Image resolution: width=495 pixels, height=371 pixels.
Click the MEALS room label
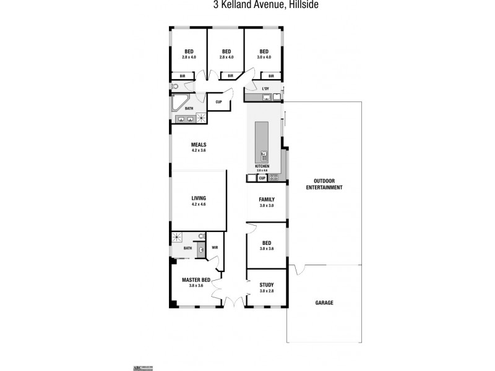click(199, 145)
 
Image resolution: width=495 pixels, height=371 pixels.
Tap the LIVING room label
click(199, 198)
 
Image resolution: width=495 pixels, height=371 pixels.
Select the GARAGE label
click(324, 303)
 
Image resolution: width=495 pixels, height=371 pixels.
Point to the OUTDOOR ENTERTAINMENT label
click(324, 184)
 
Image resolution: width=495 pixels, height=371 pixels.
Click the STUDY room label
click(267, 285)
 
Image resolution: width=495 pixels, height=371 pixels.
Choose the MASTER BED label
click(196, 280)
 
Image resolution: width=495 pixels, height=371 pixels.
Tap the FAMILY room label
click(267, 200)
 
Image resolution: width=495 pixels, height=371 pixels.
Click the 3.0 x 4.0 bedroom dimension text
click(264, 57)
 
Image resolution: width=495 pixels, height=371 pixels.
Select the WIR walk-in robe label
click(215, 247)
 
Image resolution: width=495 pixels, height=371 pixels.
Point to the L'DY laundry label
click(266, 89)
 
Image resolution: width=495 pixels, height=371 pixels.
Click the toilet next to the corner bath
click(174, 87)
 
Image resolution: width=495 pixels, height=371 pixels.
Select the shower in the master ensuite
click(178, 237)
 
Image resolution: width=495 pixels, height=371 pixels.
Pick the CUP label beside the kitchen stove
click(262, 178)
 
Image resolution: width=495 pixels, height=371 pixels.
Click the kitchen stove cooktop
click(273, 178)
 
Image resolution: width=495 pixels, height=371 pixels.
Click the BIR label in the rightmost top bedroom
click(270, 76)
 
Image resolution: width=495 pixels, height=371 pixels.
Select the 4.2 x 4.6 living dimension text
click(199, 204)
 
